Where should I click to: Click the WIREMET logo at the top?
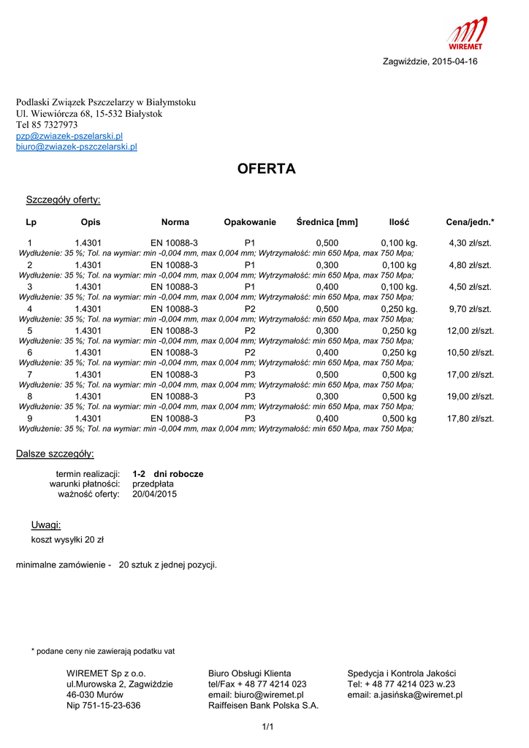click(x=467, y=33)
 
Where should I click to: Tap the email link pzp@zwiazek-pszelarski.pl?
click(x=69, y=136)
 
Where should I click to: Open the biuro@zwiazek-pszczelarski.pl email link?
click(x=77, y=147)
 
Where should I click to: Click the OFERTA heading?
click(x=267, y=169)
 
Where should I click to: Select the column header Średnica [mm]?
click(x=327, y=222)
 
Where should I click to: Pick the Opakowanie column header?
click(x=250, y=222)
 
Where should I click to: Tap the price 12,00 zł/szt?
click(x=470, y=331)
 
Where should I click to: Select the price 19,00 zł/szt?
click(x=470, y=397)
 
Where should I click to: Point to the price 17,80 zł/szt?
click(x=470, y=419)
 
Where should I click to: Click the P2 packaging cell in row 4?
click(x=250, y=309)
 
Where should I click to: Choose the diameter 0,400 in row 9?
click(x=327, y=419)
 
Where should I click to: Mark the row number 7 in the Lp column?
click(x=29, y=375)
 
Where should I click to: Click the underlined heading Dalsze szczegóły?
click(x=55, y=454)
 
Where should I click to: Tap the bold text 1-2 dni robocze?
click(x=168, y=474)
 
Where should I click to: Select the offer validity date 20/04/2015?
click(x=154, y=495)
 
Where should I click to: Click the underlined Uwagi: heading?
click(x=45, y=525)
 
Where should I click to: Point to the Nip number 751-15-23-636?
click(x=104, y=706)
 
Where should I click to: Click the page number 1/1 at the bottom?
click(x=267, y=727)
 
